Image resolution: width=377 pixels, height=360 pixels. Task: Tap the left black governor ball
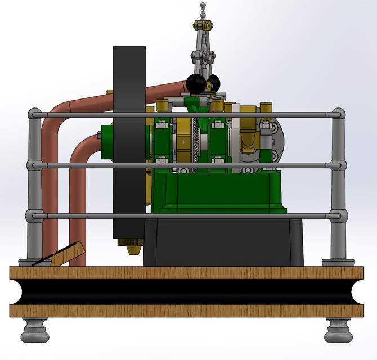[x=196, y=84]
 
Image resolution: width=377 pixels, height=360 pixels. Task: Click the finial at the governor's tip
[x=204, y=7]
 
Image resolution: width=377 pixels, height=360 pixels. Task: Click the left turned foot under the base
[x=35, y=330]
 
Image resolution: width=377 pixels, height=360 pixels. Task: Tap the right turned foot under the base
[x=339, y=330]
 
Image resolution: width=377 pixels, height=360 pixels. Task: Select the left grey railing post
[x=34, y=186]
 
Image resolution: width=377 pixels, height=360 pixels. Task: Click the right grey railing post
[x=339, y=186]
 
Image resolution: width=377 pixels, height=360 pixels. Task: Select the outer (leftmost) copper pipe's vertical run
[x=50, y=186]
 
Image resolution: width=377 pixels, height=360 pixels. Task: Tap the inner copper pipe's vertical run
[x=78, y=208]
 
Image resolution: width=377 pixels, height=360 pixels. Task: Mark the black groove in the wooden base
[x=188, y=292]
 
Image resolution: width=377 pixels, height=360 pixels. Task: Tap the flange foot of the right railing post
[x=338, y=262]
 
